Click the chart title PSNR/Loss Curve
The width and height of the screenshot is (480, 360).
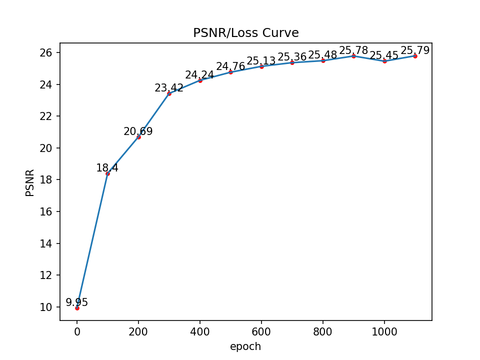pyautogui.click(x=245, y=33)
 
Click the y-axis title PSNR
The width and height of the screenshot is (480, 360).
pyautogui.click(x=30, y=182)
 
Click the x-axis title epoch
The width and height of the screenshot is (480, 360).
pyautogui.click(x=245, y=346)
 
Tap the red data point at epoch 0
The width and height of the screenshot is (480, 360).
pyautogui.click(x=77, y=308)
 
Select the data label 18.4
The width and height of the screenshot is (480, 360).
pyautogui.click(x=107, y=168)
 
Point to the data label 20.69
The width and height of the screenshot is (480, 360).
pyautogui.click(x=138, y=131)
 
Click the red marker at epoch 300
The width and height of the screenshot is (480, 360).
pyautogui.click(x=169, y=93)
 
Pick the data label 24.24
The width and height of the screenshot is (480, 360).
pyautogui.click(x=199, y=75)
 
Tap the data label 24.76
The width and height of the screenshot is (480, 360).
pyautogui.click(x=230, y=66)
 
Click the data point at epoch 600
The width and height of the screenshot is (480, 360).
pyautogui.click(x=261, y=66)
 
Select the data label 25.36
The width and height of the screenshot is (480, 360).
pyautogui.click(x=292, y=57)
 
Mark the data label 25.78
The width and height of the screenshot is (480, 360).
pyautogui.click(x=353, y=50)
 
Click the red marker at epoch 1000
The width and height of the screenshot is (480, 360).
pyautogui.click(x=384, y=61)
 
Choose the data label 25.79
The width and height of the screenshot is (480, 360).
pyautogui.click(x=415, y=50)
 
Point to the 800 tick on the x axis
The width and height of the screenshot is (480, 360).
pyautogui.click(x=323, y=332)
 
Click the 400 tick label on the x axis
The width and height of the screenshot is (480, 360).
pyautogui.click(x=200, y=332)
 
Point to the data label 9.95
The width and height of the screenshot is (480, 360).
pyautogui.click(x=77, y=302)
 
